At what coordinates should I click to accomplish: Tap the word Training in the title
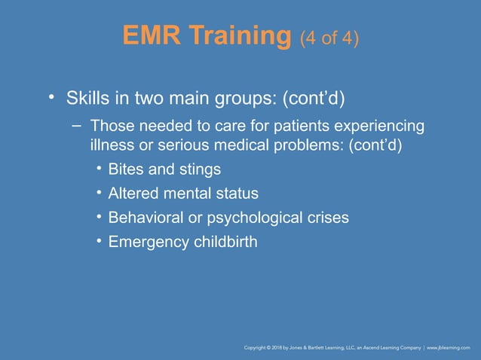point(240,35)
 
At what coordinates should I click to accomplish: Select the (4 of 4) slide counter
point(329,37)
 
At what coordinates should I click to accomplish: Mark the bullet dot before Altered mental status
point(99,193)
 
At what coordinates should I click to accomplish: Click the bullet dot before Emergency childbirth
point(99,241)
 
